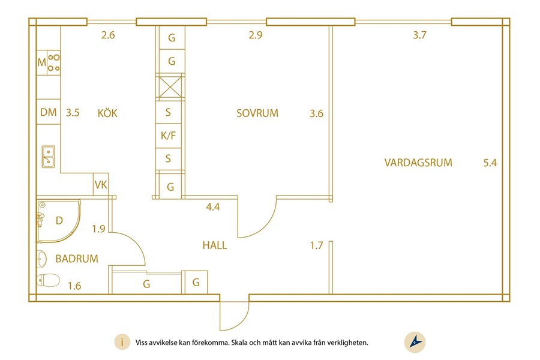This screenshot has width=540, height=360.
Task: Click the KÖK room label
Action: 107,113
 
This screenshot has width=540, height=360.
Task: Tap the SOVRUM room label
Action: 257,113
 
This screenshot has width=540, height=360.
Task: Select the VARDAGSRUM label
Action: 418,162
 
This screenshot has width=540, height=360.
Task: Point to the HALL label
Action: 214,245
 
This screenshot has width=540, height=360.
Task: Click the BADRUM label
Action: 77,259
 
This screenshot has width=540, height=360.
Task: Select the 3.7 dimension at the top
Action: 419,35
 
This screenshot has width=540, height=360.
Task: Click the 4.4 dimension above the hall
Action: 212,208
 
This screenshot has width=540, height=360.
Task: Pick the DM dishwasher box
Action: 49,112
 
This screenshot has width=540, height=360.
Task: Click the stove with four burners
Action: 54,62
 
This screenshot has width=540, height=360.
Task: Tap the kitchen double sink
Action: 48,157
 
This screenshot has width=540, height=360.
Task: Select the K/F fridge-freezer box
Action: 169,136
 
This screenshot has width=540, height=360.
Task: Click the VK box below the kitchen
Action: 100,185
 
